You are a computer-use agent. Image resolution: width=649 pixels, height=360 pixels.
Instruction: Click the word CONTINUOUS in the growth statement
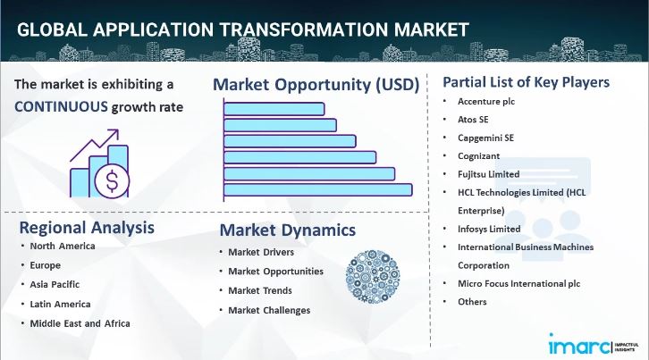coord(60,107)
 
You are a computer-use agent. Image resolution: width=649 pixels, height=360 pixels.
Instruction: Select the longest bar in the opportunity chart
coord(317,188)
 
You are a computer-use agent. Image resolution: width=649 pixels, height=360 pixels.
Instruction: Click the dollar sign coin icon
coord(112,181)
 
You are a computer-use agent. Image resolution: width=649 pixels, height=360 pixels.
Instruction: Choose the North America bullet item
coord(63,246)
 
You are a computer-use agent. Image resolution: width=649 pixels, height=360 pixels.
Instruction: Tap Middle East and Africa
coord(80,322)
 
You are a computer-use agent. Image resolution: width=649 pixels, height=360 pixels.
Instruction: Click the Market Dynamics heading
coord(287,230)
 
